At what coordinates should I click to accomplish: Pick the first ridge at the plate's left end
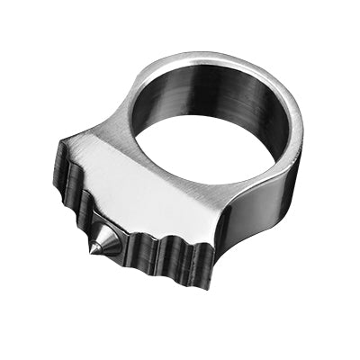pos(65,166)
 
